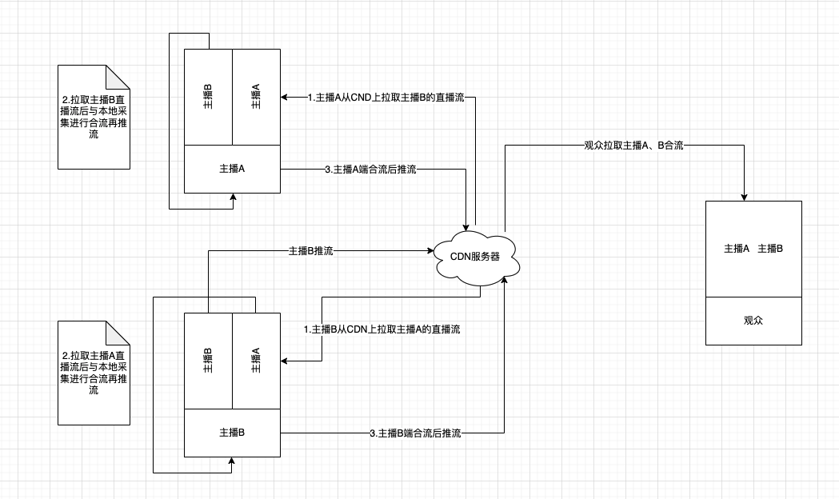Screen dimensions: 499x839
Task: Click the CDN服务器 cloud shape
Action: tap(477, 257)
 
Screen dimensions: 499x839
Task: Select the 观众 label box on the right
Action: tap(753, 321)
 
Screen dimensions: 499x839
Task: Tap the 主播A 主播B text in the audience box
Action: tap(753, 249)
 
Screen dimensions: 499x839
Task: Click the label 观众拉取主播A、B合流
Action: tap(633, 146)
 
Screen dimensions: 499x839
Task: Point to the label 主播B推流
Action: tap(310, 250)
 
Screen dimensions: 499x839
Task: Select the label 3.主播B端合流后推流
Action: tap(416, 433)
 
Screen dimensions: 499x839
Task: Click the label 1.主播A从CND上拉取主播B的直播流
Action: tap(380, 98)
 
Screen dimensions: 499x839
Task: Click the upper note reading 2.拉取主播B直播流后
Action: tap(94, 117)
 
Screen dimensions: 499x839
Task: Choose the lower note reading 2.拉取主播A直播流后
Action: tap(94, 373)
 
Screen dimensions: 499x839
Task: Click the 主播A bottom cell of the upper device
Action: tap(232, 170)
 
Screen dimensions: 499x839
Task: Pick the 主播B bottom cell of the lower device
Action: tap(232, 433)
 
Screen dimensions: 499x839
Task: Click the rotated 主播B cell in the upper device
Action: tap(208, 97)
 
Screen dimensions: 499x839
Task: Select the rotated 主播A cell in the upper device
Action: tap(256, 97)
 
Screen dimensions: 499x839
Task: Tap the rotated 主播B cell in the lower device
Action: tap(208, 361)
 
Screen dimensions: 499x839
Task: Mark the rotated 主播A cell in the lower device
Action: tap(256, 361)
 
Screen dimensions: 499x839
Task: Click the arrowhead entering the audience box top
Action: tap(745, 197)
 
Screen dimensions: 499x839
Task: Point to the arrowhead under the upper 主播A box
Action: tap(232, 197)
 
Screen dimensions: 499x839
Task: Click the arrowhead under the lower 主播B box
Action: tap(232, 461)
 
